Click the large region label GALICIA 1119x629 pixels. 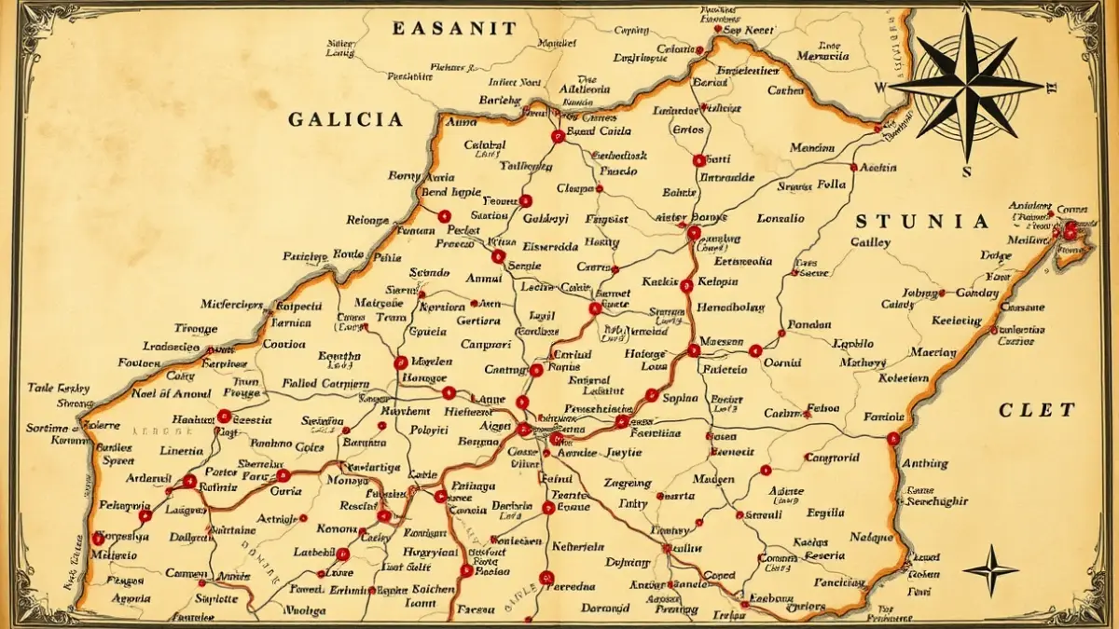345,119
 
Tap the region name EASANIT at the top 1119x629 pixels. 452,28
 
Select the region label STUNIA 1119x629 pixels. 922,222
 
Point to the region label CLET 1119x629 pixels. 1037,409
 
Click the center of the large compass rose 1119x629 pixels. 966,85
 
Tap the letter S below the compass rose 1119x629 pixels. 967,171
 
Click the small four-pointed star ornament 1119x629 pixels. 990,568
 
